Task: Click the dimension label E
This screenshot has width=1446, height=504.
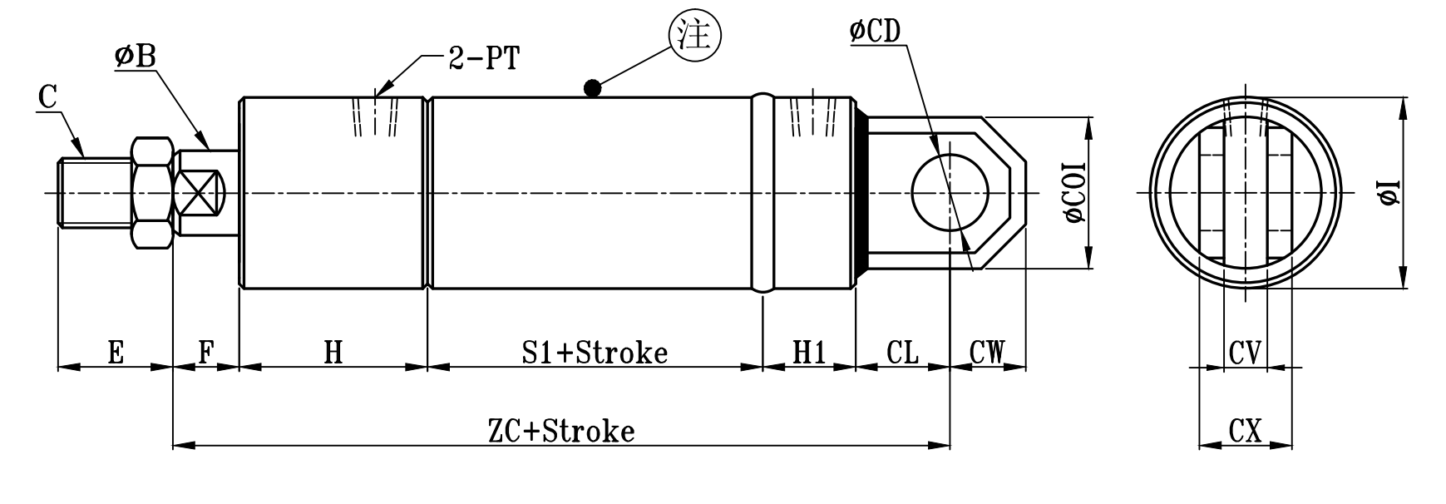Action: pos(116,353)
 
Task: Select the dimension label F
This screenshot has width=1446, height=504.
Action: pos(206,353)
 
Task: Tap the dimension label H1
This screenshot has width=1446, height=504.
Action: pos(807,353)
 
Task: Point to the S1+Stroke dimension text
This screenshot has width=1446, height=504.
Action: pos(595,353)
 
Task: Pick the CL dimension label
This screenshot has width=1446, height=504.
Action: pos(902,353)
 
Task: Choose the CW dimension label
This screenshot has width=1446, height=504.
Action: pos(987,353)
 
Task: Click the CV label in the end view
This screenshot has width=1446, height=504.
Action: pos(1246,353)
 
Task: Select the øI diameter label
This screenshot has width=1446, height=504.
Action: pos(1389,193)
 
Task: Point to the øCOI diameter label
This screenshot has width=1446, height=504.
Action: pos(1076,193)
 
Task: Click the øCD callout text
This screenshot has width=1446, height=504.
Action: pos(875,32)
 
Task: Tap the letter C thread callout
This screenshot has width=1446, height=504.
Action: pos(47,98)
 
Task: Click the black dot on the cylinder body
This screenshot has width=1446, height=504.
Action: pos(592,87)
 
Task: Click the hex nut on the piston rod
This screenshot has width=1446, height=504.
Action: pos(153,193)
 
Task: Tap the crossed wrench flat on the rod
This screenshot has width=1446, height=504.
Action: pos(202,193)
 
